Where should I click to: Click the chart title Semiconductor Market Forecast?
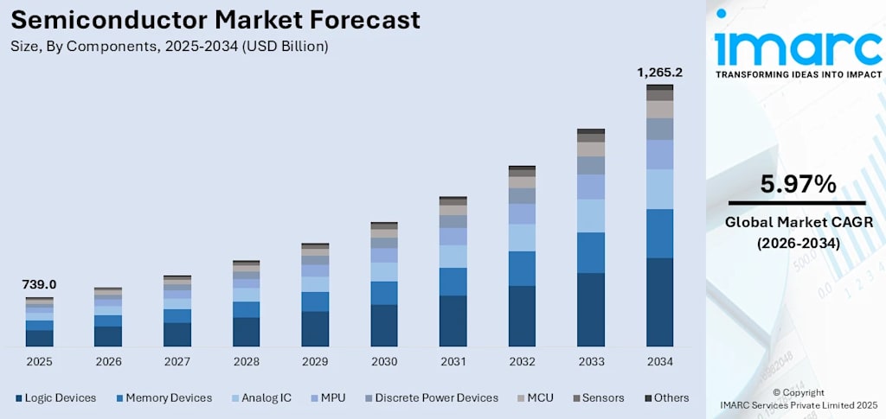click(215, 20)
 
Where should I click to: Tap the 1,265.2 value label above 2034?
click(659, 73)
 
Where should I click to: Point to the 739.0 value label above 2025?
click(39, 284)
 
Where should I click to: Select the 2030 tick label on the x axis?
click(384, 361)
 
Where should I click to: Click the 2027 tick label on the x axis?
click(177, 361)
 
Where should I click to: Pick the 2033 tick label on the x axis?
click(591, 361)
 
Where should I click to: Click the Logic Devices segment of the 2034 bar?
click(659, 302)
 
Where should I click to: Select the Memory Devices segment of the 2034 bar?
click(659, 233)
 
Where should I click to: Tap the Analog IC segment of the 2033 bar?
click(591, 215)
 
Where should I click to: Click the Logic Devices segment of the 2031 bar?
click(453, 321)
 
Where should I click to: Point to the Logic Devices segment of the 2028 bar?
click(247, 332)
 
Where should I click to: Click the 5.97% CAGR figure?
click(797, 184)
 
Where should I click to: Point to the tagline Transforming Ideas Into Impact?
click(798, 74)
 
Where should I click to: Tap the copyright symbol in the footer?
click(775, 392)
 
